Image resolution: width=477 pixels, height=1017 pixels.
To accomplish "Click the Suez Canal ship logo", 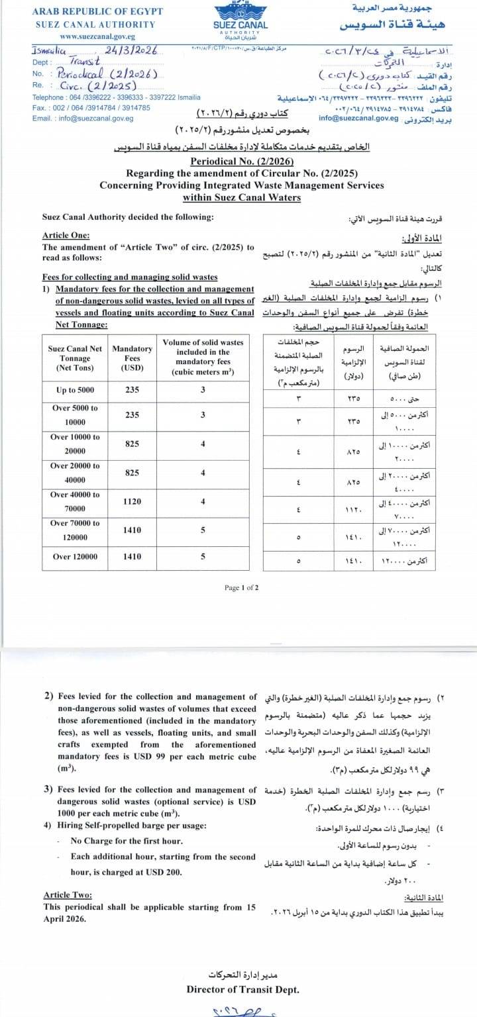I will (x=241, y=11).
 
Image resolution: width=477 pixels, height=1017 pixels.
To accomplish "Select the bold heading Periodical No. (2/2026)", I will (x=241, y=162).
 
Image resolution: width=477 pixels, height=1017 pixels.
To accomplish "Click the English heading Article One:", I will (x=66, y=236).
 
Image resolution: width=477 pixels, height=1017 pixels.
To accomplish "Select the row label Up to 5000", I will (x=76, y=391).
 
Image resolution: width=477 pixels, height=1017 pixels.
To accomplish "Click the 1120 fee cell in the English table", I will (x=132, y=501).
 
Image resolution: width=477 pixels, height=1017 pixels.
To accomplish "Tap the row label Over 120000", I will (x=75, y=557).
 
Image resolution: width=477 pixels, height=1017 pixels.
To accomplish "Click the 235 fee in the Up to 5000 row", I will (x=132, y=391).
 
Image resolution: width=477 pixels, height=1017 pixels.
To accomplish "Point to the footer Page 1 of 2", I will (x=241, y=587).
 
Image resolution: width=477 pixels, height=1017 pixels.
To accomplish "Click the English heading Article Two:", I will (x=68, y=895).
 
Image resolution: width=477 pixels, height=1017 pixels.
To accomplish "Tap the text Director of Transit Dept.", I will (x=242, y=990).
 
